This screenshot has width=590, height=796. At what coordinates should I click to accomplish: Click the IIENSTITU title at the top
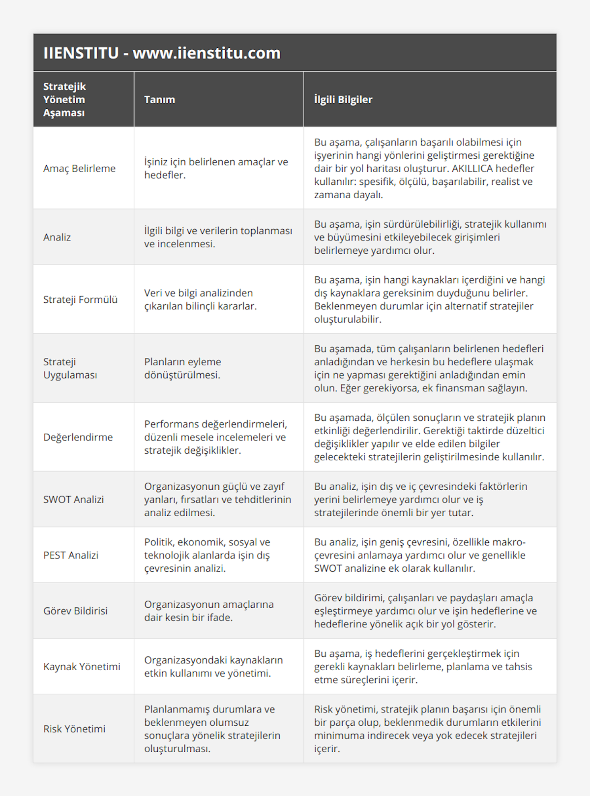tap(162, 53)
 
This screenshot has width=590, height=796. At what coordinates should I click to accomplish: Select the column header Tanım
tap(159, 100)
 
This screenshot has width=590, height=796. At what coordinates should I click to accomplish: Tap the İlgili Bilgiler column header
tap(343, 100)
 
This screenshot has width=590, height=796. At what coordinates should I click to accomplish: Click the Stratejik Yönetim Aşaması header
tap(64, 100)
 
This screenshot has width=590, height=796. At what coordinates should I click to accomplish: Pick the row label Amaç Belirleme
tap(79, 169)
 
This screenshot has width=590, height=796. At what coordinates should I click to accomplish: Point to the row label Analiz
tap(57, 237)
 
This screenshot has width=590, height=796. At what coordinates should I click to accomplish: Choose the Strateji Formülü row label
tap(80, 300)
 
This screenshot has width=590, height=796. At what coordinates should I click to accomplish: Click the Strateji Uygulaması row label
tap(70, 368)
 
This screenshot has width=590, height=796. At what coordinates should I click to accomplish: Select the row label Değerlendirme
tap(78, 438)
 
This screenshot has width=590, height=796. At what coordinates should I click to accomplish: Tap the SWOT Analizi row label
tap(73, 500)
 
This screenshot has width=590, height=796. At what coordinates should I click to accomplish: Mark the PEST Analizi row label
tap(71, 556)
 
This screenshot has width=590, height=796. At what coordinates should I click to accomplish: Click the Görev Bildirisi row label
tap(75, 611)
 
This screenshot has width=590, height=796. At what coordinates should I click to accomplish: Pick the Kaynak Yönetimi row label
tap(82, 667)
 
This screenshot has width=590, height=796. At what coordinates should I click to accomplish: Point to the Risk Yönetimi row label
tap(74, 729)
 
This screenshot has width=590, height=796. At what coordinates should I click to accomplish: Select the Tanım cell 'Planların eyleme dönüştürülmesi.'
tap(182, 368)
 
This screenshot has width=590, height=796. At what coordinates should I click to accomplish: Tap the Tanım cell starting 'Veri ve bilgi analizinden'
tap(200, 300)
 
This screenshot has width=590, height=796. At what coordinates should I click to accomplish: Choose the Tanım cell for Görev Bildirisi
tap(208, 611)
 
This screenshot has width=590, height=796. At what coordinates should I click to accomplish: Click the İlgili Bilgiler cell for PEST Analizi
tap(419, 556)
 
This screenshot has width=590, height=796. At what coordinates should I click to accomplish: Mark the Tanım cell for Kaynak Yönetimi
tap(213, 667)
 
